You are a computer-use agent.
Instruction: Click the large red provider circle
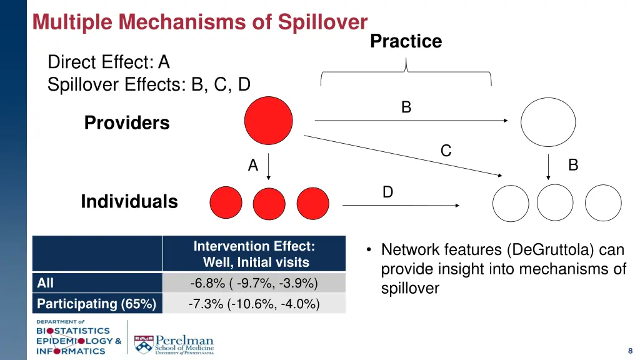pos(268,121)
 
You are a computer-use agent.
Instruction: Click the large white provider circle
pos(548,122)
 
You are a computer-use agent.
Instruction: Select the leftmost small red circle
pos(226,203)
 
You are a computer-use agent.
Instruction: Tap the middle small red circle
pos(269,203)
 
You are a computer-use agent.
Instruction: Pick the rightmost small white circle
pos(603,203)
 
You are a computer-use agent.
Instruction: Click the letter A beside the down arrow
pos(252,166)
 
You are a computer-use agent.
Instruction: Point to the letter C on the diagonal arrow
pos(446,151)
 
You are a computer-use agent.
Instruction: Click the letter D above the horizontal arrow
pos(387,192)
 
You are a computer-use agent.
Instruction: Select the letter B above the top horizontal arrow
pos(406,107)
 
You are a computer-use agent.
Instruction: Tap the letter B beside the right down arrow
pos(572,166)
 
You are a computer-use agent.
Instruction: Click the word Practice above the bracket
pos(406,41)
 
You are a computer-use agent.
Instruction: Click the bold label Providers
pos(127,122)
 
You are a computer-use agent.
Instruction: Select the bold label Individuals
pos(129,201)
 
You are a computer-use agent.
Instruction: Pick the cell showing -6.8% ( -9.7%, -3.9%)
pos(254,283)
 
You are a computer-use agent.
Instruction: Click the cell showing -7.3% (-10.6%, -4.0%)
pos(254,304)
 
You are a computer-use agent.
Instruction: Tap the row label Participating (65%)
pos(96,304)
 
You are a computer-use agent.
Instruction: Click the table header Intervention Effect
pos(254,246)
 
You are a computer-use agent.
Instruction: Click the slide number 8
pos(630,351)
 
